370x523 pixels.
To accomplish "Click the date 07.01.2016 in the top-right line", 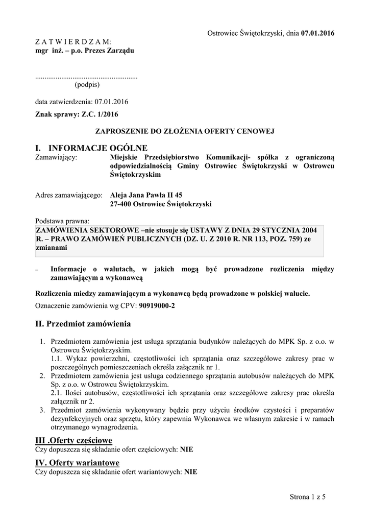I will (x=318, y=33).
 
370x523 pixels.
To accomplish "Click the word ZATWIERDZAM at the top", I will (x=72, y=41).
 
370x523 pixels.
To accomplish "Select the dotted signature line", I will (x=86, y=76).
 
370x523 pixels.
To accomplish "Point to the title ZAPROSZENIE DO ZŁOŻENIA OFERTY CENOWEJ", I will (x=185, y=131).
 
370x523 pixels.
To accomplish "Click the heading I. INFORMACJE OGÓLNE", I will (x=91, y=148).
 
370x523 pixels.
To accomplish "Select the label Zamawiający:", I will (x=56, y=157).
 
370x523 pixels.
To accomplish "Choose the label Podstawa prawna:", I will (x=62, y=221).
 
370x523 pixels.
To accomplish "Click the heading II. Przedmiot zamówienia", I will (x=83, y=324).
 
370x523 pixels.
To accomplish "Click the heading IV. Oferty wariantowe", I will (x=77, y=463).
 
